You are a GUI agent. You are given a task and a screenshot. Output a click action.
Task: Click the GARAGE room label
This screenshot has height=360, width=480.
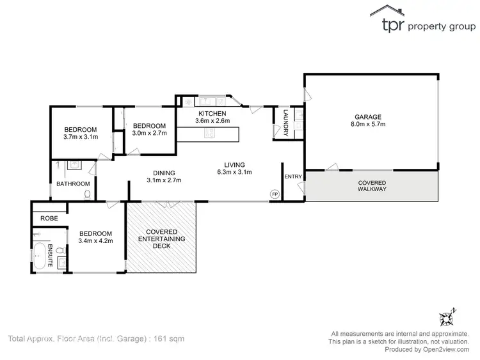pyautogui.click(x=368, y=117)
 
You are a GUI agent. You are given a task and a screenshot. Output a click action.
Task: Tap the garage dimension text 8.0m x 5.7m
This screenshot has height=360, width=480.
pyautogui.click(x=368, y=125)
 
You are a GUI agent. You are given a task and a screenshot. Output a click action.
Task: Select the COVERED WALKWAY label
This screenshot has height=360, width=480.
pyautogui.click(x=372, y=185)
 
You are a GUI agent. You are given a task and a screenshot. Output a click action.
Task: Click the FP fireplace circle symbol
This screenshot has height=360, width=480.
pyautogui.click(x=275, y=194)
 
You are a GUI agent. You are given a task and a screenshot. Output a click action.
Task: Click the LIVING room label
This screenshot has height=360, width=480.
pyautogui.click(x=234, y=164)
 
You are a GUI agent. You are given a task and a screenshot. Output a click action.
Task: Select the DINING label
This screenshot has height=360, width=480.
pyautogui.click(x=164, y=172)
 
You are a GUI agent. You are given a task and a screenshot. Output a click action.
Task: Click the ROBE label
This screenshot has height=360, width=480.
pyautogui.click(x=49, y=218)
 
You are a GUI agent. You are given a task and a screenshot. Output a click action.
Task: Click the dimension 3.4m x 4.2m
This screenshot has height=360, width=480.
pyautogui.click(x=95, y=241)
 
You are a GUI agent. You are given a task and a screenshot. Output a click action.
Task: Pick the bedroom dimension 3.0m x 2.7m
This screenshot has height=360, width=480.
pyautogui.click(x=149, y=134)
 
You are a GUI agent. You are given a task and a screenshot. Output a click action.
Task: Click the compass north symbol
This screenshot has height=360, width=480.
pyautogui.click(x=445, y=317)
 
